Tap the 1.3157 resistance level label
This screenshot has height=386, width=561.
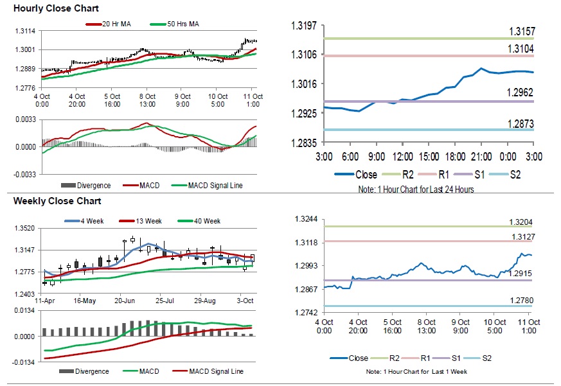tap(521, 31)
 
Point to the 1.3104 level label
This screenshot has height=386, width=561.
tap(521, 49)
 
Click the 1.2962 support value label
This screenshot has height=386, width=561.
tap(521, 93)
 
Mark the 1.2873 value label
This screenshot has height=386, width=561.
tap(521, 123)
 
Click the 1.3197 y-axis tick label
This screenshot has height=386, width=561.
tap(305, 26)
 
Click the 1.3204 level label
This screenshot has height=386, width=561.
tap(521, 222)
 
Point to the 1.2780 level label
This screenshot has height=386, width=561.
tap(521, 301)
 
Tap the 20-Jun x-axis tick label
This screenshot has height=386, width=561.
tap(125, 300)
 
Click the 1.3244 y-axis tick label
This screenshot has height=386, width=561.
tap(305, 220)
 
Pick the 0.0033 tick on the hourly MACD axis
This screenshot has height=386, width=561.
tap(25, 119)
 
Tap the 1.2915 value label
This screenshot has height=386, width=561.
tap(521, 274)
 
